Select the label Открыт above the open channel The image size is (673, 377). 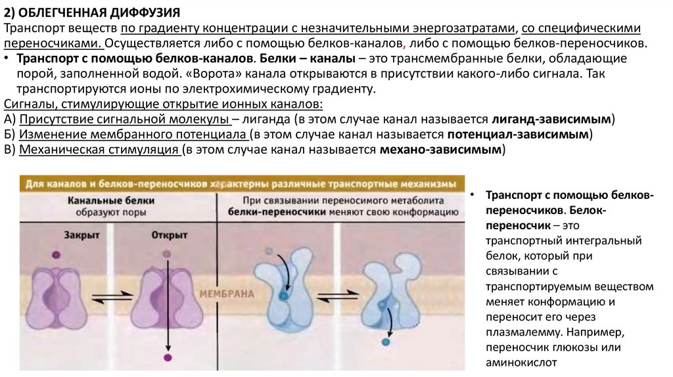pyautogui.click(x=169, y=234)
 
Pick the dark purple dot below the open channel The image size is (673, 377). pyautogui.click(x=168, y=357)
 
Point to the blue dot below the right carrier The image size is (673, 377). pyautogui.click(x=386, y=342)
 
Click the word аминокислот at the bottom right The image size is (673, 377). pyautogui.click(x=521, y=361)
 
